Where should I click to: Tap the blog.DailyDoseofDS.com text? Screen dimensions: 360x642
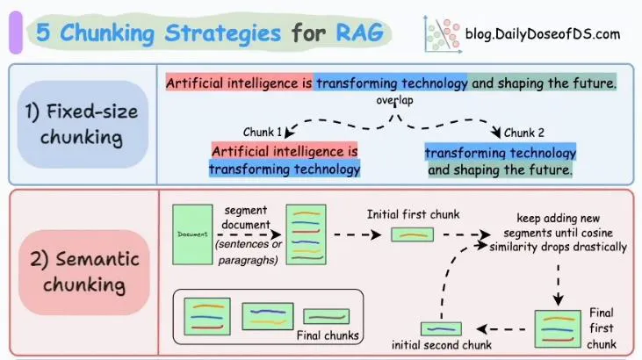545,34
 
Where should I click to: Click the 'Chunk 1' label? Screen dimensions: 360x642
263,133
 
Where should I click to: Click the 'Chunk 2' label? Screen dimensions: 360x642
524,133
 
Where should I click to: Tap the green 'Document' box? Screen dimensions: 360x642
192,234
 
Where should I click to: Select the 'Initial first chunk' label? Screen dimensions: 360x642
413,214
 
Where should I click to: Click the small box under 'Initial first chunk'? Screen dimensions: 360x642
412,234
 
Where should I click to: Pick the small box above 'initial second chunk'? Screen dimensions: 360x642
442,328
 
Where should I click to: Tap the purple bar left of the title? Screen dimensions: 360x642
15,34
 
